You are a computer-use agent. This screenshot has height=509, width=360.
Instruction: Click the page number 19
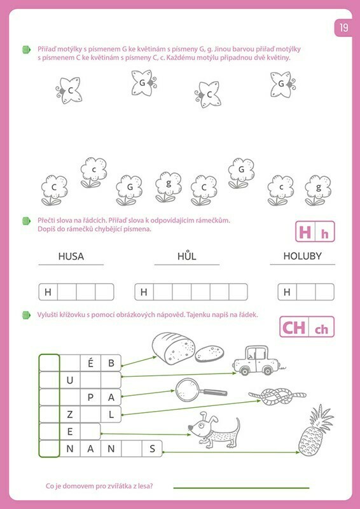coord(343,27)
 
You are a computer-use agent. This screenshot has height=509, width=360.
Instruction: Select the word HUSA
coord(71,256)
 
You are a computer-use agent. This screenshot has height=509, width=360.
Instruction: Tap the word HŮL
coord(186,256)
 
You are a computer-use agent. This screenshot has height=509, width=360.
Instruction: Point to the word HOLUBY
coord(302,256)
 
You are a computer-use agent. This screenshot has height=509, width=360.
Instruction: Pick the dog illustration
coord(214,430)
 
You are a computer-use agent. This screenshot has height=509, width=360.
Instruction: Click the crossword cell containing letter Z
coord(70,414)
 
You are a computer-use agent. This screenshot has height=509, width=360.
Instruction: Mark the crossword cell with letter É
coord(90,363)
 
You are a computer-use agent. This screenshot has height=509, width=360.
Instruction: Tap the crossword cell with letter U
coord(70,380)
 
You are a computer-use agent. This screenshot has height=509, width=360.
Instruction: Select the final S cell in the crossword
coord(152,449)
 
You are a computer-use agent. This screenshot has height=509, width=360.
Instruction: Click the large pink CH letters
coord(294,328)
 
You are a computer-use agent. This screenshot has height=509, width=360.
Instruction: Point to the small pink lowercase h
coord(324,234)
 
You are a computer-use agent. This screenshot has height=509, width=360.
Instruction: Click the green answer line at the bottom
coord(241,487)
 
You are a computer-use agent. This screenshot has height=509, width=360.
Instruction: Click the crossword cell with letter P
coord(90,397)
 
